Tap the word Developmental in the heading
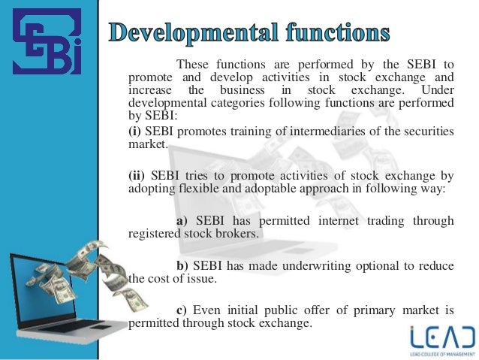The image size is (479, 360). (197, 32)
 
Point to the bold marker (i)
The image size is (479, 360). (134, 132)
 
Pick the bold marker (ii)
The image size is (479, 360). (137, 177)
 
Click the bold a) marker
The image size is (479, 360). (183, 221)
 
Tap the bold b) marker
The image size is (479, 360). (183, 265)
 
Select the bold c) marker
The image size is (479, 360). (182, 310)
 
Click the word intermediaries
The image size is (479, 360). (322, 132)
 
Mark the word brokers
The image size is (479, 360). (239, 234)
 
